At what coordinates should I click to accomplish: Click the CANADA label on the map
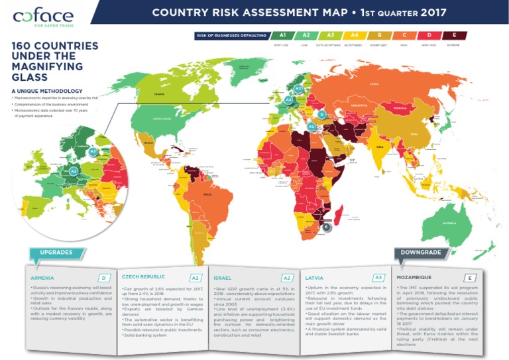pyautogui.click(x=158, y=94)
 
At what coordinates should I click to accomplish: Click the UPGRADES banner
pyautogui.click(x=56, y=253)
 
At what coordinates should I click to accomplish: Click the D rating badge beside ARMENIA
pyautogui.click(x=103, y=278)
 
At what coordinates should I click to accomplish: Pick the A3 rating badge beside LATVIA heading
pyautogui.click(x=378, y=278)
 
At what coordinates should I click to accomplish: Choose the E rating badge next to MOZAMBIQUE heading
pyautogui.click(x=470, y=278)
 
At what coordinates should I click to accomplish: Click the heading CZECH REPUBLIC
pyautogui.click(x=143, y=276)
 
